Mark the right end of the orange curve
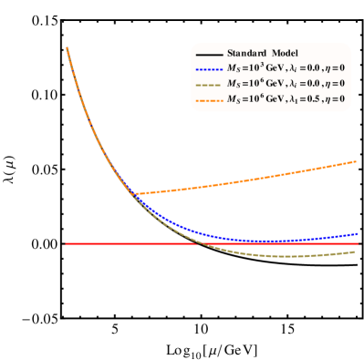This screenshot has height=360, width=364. coord(356,161)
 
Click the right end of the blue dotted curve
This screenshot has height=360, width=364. coord(356,234)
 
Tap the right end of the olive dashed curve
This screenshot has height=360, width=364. coord(355,252)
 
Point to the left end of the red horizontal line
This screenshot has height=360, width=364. coord(66,244)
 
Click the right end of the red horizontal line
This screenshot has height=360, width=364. coord(356,244)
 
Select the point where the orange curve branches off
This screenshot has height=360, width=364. coord(133,193)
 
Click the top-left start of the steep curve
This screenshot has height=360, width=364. coord(68,47)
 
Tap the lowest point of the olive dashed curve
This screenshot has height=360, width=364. coord(290,256)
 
